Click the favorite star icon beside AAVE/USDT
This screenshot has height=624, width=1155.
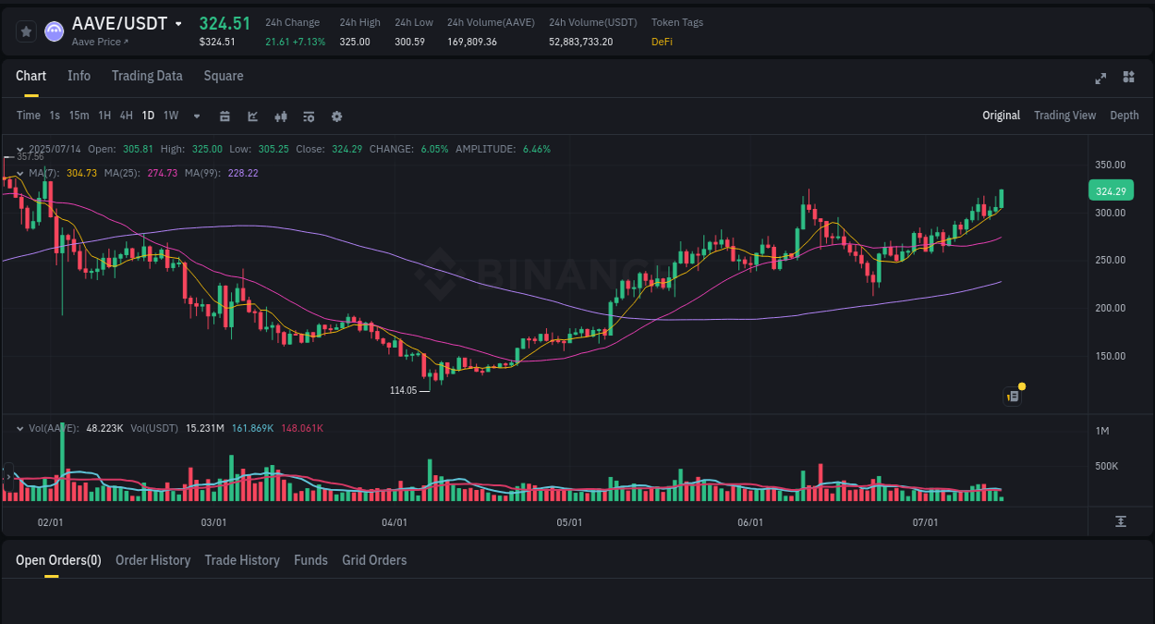coord(27,31)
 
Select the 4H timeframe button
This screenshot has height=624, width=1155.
coord(126,116)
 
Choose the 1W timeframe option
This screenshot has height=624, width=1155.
coord(171,116)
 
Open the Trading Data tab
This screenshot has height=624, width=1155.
coord(147,76)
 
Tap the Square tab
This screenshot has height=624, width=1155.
coord(224,76)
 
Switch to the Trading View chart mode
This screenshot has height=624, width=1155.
coord(1064,116)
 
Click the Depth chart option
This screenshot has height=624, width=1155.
coord(1124,116)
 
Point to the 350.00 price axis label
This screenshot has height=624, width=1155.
coord(1110,165)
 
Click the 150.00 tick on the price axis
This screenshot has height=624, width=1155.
coord(1110,356)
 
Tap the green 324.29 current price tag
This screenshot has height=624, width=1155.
coord(1110,191)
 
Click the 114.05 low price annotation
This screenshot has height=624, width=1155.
coord(404,390)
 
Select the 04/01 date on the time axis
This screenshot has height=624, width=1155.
coord(395,522)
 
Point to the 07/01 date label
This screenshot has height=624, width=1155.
coord(925,522)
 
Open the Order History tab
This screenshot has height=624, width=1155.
coord(152,560)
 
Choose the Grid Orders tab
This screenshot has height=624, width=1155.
coord(374,560)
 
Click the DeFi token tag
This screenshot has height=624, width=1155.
coord(662,42)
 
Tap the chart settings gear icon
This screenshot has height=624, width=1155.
coord(336,116)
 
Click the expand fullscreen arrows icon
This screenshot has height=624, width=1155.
coord(1100,78)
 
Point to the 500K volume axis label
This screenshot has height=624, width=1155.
coord(1107,466)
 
